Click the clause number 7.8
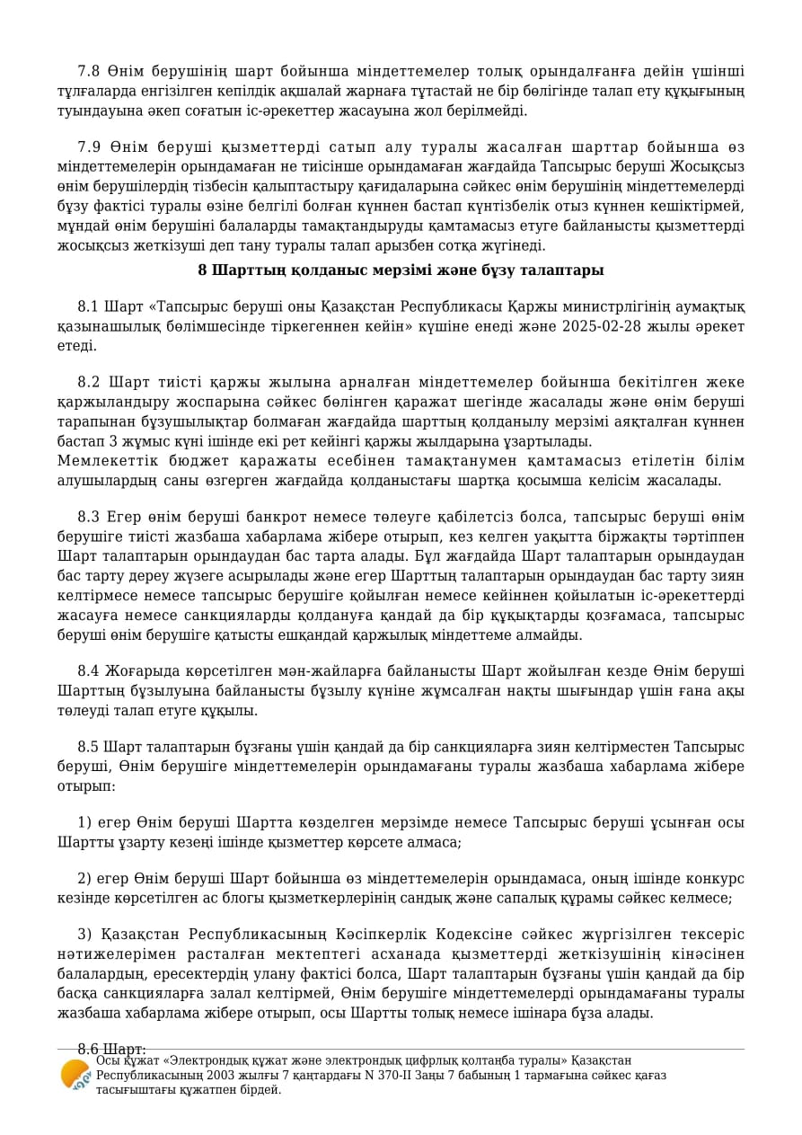(89, 71)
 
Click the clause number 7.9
(89, 147)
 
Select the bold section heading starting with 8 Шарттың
(401, 270)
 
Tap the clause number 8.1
(88, 307)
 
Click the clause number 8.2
(88, 383)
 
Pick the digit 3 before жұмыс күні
(114, 441)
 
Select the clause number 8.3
(88, 517)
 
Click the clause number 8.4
(88, 671)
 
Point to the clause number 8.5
(88, 747)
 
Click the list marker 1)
(84, 823)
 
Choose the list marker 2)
(84, 878)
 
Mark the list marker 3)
(84, 935)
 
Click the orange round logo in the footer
(75, 1075)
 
